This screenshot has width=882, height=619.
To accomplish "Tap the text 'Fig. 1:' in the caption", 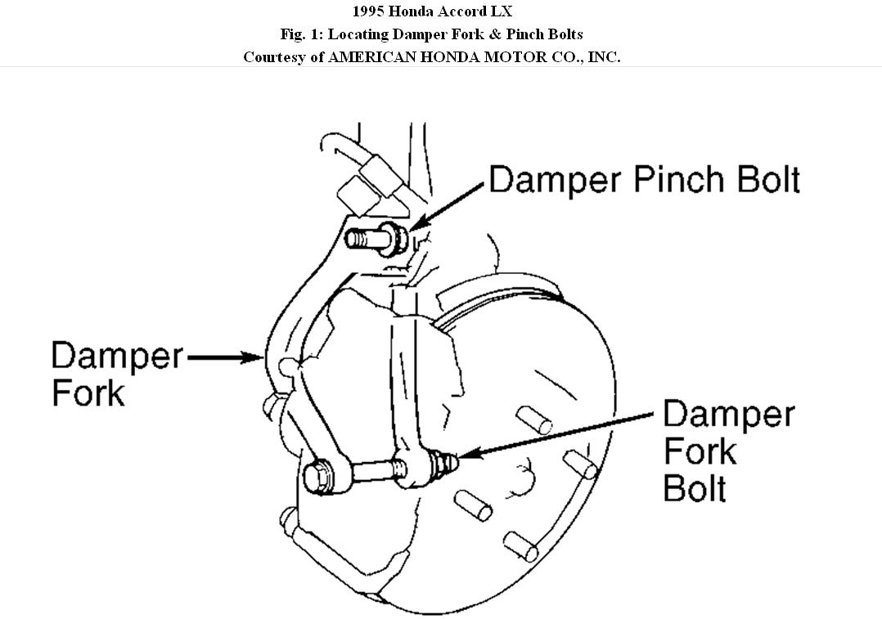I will click(300, 34).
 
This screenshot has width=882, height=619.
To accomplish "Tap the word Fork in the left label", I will click(88, 393).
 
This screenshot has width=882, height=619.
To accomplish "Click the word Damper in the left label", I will click(117, 357).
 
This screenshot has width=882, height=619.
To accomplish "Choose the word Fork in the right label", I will click(700, 451).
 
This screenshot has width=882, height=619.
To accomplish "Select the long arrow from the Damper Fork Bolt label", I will click(556, 434).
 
